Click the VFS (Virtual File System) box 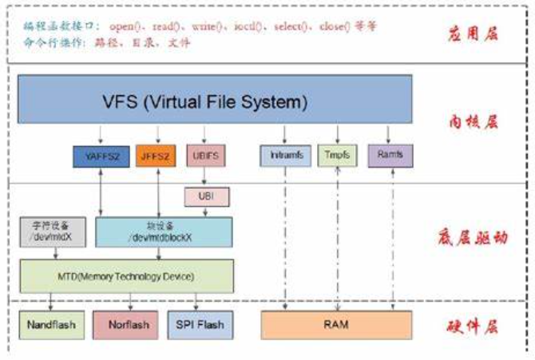click(x=215, y=101)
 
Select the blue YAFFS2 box click(x=95, y=156)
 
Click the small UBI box click(x=204, y=196)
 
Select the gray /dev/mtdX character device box click(x=52, y=231)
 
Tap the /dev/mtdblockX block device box click(x=164, y=231)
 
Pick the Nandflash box click(x=50, y=325)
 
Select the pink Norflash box click(x=125, y=325)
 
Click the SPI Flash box click(x=196, y=325)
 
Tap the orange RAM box click(x=336, y=325)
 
